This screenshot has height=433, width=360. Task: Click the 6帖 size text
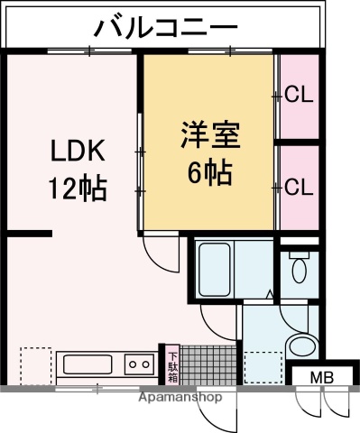(208, 172)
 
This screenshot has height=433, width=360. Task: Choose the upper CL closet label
(299, 94)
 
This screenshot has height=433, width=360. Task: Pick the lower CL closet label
(299, 187)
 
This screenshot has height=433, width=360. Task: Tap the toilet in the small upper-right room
(300, 265)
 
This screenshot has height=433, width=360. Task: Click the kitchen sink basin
(86, 365)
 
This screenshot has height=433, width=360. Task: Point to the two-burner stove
(140, 365)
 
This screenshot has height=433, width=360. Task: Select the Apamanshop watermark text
(180, 395)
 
